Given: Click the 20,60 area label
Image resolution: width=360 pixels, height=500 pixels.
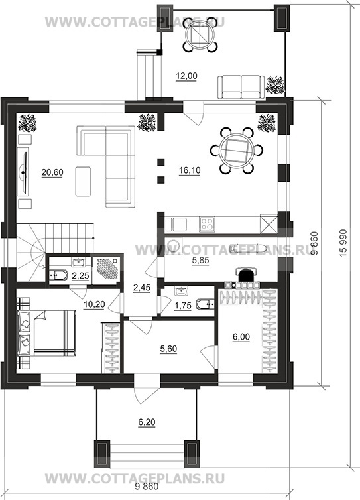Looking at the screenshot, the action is click(52, 172).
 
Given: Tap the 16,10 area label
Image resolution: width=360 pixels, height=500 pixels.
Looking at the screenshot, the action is click(190, 170).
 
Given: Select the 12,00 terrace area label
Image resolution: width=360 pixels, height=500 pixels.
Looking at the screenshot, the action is click(186, 76).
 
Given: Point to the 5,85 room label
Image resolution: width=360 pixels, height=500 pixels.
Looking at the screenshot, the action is click(200, 261).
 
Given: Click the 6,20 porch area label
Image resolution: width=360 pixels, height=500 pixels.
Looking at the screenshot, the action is click(147, 422).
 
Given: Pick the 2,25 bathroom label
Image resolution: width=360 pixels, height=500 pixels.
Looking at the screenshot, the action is click(80, 276).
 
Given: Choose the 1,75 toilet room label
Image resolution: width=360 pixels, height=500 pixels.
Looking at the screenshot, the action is click(183, 306).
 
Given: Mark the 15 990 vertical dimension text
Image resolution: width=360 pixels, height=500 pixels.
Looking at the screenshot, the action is click(343, 243).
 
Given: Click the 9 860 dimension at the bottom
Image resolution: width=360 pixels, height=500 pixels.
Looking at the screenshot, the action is click(147, 487).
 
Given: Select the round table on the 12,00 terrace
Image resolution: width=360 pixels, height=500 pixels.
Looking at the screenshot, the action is click(200, 34).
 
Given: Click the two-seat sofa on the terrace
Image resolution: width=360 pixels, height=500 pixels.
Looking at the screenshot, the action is click(241, 87).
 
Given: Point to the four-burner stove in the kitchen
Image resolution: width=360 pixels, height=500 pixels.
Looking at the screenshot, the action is click(207, 224).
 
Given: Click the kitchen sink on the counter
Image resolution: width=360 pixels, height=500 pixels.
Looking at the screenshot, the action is click(176, 224).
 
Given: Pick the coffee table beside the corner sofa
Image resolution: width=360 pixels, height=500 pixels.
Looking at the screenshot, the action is click(83, 181).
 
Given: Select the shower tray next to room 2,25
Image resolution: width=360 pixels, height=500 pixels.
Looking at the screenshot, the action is click(107, 269).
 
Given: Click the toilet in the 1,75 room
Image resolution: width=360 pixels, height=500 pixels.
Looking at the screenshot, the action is click(204, 304).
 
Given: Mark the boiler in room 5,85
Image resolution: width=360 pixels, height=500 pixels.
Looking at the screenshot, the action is click(245, 274).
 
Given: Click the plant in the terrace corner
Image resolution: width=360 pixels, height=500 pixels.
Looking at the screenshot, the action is click(275, 85).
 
